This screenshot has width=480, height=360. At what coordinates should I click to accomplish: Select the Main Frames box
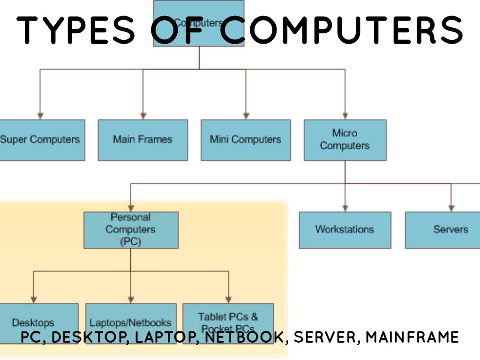142,140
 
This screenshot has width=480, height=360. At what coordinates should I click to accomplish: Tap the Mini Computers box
245,140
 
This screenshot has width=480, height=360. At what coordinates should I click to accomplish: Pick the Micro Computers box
345,140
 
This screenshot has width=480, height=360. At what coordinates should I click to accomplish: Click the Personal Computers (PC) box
131,230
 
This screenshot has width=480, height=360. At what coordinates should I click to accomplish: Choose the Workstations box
345,230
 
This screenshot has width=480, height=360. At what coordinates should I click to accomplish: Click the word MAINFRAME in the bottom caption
412,337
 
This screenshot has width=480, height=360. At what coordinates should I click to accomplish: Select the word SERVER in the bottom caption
326,337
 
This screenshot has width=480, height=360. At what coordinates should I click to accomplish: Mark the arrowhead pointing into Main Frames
143,115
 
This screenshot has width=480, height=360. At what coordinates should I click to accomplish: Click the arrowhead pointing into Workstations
345,208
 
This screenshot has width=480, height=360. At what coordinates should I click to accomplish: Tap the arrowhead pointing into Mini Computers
245,115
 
